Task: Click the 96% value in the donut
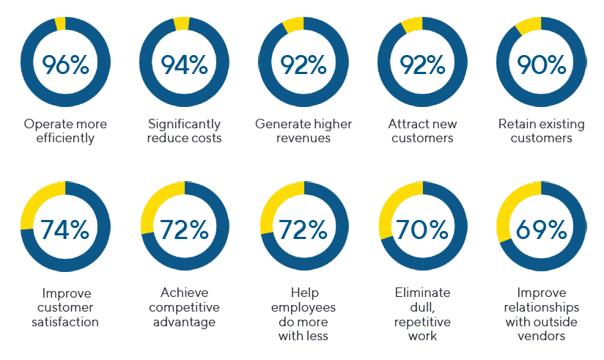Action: (65, 65)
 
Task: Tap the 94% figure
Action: (184, 65)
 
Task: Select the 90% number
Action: (541, 65)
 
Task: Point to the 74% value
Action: (65, 229)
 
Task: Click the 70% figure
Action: (422, 229)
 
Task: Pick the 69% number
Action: (541, 229)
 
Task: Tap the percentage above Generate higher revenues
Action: (303, 65)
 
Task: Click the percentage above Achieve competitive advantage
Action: (184, 229)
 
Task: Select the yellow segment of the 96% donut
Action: (61, 24)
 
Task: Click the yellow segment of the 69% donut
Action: (508, 208)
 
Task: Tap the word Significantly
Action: (184, 125)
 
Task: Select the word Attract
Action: (406, 124)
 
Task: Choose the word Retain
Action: (515, 124)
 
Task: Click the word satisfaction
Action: (65, 322)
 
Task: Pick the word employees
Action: (303, 308)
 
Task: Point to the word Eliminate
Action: (422, 293)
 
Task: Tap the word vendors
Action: (541, 336)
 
